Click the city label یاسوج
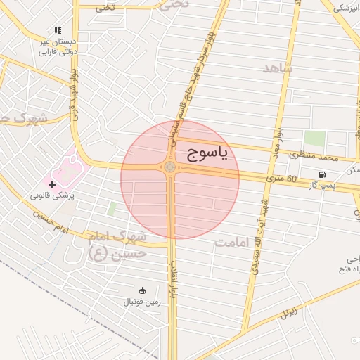[x=207, y=155]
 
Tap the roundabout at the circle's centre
[x=170, y=167]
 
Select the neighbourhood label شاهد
[x=277, y=68]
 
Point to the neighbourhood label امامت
[x=233, y=243]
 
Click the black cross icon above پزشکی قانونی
[x=52, y=184]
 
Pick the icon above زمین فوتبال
[x=142, y=290]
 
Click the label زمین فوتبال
[x=142, y=302]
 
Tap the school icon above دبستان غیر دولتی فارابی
[x=58, y=30]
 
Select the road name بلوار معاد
[x=279, y=141]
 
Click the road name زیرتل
[x=290, y=311]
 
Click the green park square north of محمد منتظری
[x=314, y=139]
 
